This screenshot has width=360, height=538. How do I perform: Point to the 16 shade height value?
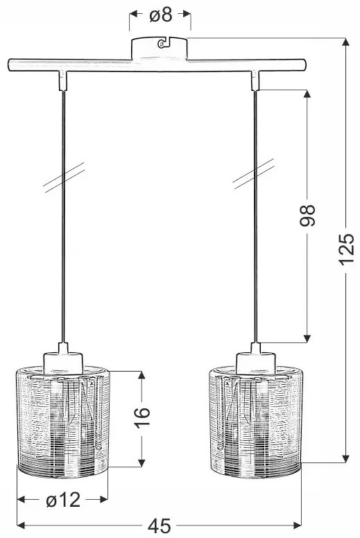(x=142, y=419)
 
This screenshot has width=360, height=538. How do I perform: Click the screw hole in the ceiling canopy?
(x=161, y=44)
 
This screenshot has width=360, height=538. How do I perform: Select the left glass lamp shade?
(x=63, y=423)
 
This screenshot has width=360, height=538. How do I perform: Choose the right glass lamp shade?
(x=256, y=423)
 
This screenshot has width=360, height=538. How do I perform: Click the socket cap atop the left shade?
(x=63, y=358)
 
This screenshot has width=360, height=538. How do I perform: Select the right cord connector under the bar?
(x=256, y=81)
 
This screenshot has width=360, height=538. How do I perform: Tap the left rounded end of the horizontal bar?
(x=9, y=67)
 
